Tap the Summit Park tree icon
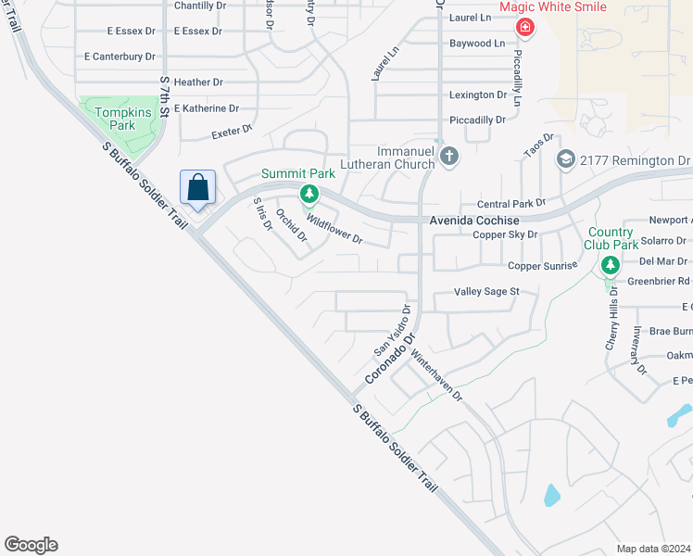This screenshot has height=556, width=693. (309, 194)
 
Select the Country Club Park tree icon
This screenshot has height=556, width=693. (610, 266)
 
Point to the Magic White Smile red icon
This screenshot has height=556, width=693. (525, 28)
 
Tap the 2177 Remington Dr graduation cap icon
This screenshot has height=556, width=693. (565, 160)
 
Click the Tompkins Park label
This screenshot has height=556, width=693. (116, 118)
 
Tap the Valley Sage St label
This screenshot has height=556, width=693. (486, 291)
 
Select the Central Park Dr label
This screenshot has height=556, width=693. (510, 203)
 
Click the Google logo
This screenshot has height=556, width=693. (31, 545)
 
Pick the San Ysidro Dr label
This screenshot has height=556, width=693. (392, 330)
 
